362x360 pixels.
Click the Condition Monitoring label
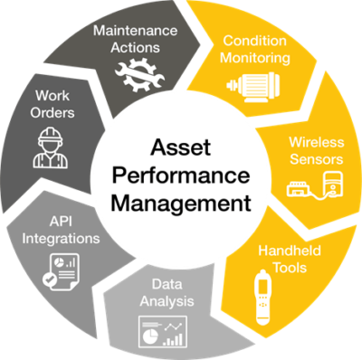click(x=256, y=50)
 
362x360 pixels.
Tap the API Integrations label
click(x=62, y=231)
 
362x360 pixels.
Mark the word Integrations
click(x=62, y=239)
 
